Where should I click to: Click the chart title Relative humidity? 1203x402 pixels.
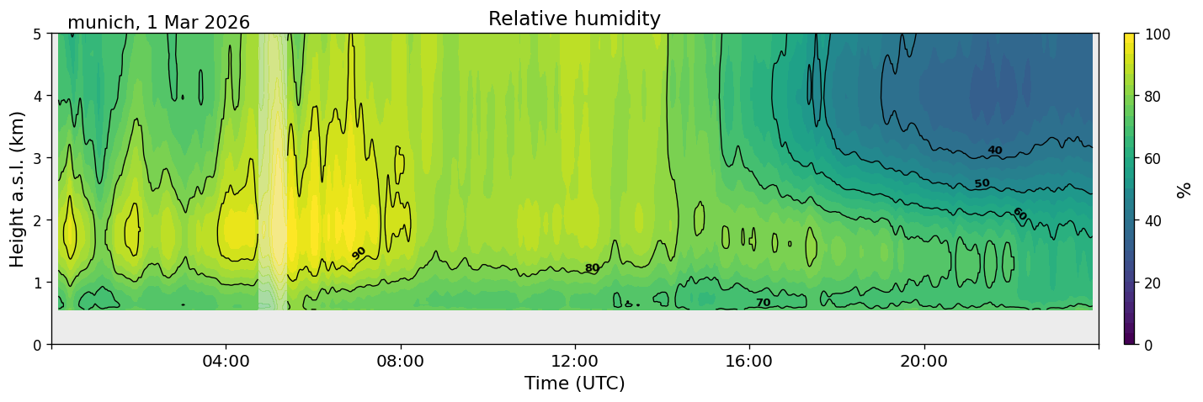tap(574, 19)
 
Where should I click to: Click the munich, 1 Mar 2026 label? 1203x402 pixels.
tap(158, 23)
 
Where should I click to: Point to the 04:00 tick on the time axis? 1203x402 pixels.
tap(226, 361)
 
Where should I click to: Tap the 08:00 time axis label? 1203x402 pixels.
tap(401, 361)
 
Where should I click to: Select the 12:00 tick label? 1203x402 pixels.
tap(575, 361)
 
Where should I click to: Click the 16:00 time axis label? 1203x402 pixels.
tap(749, 361)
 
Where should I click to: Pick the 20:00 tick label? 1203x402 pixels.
tap(924, 361)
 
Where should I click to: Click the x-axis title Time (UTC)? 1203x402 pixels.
tap(575, 383)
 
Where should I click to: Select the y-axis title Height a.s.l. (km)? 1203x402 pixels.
tap(17, 189)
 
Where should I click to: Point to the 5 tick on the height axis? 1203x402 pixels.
tap(37, 34)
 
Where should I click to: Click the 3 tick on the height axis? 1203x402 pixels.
tap(37, 158)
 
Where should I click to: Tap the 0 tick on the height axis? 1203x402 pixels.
tap(37, 345)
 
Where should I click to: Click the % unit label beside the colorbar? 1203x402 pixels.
tap(1183, 189)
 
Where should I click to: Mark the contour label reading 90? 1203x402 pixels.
tap(359, 253)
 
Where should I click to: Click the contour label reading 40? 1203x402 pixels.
tap(994, 151)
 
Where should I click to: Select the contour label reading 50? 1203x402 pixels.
tap(982, 183)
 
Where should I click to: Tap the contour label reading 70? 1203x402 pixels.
tap(764, 303)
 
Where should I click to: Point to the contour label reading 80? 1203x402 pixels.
tap(592, 267)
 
